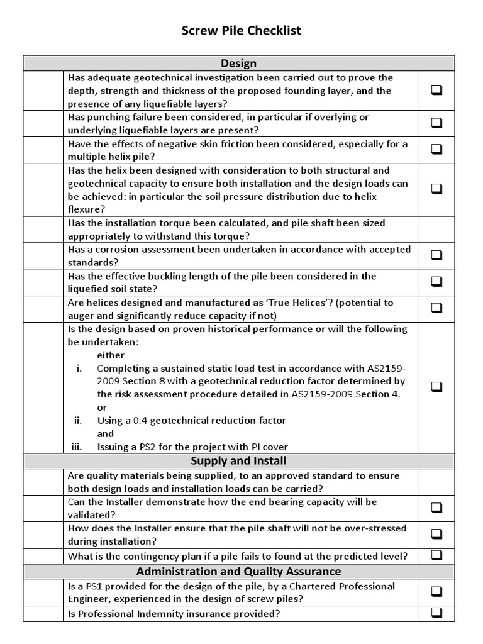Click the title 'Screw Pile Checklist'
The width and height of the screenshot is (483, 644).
click(x=241, y=30)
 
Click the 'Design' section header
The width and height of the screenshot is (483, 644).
click(x=238, y=63)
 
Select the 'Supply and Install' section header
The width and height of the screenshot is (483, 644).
click(x=238, y=461)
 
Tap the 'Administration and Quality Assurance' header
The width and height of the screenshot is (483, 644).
click(x=238, y=571)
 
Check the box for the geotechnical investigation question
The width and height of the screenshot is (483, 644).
click(x=436, y=91)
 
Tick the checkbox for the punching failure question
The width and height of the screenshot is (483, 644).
click(x=436, y=123)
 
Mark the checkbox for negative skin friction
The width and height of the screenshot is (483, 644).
click(x=436, y=150)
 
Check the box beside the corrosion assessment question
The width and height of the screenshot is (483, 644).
click(x=436, y=255)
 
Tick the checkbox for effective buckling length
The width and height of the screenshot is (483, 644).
click(x=436, y=282)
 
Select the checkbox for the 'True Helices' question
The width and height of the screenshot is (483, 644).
click(x=436, y=308)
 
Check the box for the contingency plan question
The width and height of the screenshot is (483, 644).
click(x=436, y=555)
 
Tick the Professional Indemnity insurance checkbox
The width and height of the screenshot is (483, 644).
click(x=436, y=613)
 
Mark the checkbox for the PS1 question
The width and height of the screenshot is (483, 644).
click(x=436, y=592)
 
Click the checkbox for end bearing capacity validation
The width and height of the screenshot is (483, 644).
click(x=436, y=508)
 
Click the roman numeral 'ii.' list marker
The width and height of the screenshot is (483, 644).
click(x=79, y=420)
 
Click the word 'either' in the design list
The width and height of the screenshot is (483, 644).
click(x=111, y=355)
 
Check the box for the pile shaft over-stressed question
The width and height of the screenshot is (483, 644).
click(x=436, y=534)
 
